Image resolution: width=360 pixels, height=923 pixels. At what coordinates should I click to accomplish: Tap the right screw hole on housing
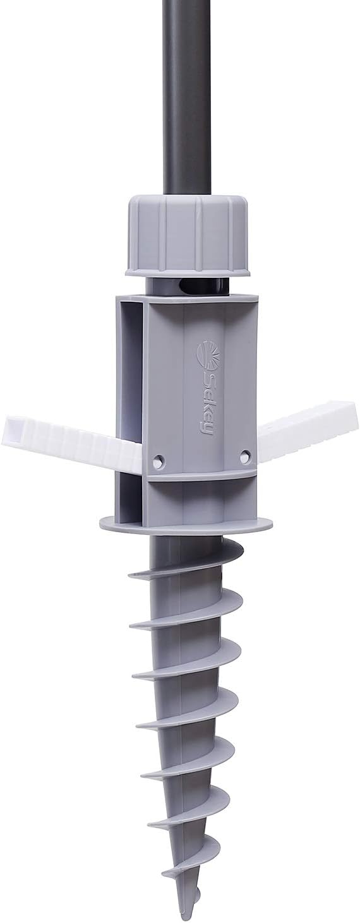tap(245, 455)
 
